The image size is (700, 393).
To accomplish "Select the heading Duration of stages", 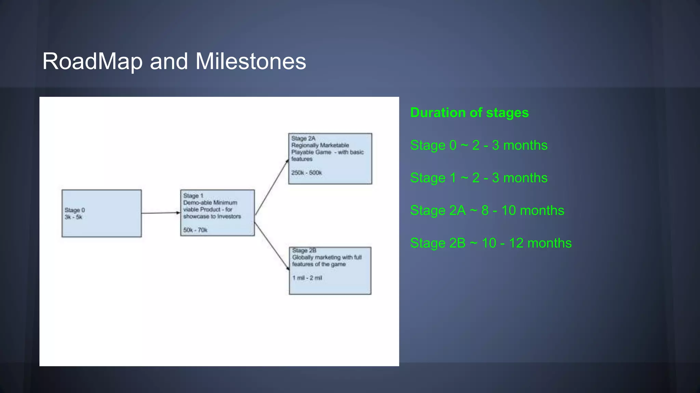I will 469,113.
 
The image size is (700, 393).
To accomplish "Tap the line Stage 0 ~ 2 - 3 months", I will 479,145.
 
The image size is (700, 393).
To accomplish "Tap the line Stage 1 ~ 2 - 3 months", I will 479,178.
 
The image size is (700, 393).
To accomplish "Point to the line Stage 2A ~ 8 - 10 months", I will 487,210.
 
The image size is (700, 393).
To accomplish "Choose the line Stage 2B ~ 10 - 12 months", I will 490,243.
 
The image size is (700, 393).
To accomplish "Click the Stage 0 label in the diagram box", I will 75,210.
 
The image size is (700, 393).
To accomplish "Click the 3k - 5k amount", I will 73,217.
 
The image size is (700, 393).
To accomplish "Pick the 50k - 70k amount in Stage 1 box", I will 195,230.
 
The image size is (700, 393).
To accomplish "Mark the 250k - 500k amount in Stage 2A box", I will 306,173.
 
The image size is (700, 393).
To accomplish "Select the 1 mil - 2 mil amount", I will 307,278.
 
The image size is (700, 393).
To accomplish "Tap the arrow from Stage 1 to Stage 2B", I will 271,246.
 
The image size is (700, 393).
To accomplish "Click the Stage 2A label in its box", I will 303,139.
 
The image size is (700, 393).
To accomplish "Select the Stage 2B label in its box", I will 304,250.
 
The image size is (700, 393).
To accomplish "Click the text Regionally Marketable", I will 320,145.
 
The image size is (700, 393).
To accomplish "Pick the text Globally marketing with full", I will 327,257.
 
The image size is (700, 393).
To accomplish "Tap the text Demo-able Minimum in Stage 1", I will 210,203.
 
